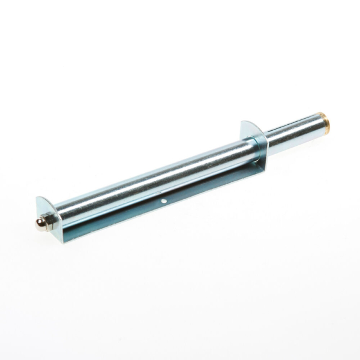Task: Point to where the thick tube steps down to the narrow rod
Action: tap(268, 144)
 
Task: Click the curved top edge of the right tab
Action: tap(248, 123)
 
